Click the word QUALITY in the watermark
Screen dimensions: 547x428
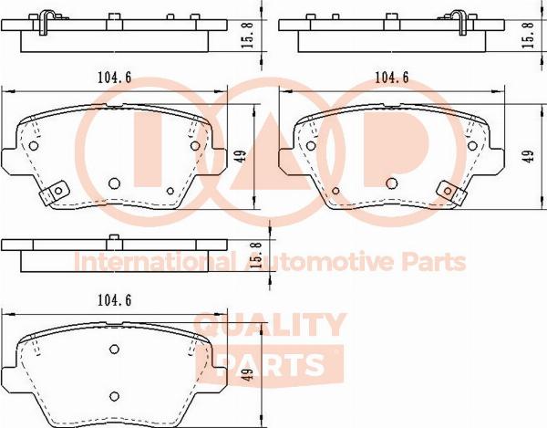[270, 325]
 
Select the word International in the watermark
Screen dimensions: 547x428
[153, 262]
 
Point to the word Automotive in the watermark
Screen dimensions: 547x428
[320, 262]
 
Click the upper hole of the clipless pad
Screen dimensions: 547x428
[114, 349]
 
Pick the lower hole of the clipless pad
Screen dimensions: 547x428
[114, 396]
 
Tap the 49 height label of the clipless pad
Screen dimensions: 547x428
[247, 374]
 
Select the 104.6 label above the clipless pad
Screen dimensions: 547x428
[115, 300]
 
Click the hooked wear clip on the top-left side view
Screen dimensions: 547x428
[44, 22]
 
